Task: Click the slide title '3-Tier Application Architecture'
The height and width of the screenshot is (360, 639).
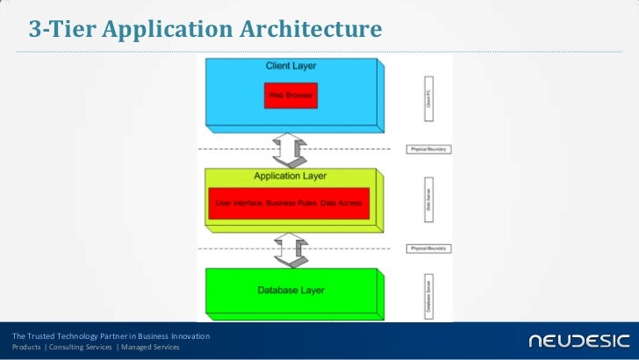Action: (x=205, y=30)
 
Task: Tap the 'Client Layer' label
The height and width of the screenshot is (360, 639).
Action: (x=291, y=66)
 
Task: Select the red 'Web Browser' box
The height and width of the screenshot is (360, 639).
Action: (x=291, y=95)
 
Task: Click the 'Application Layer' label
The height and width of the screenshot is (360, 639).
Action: (x=290, y=176)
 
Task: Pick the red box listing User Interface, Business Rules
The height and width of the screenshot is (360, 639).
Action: (x=289, y=204)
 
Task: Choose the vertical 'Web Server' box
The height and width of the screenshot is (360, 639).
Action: (x=428, y=201)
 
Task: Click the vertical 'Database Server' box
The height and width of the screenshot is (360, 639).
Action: (x=428, y=295)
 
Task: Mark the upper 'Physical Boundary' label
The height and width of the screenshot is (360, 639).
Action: (x=428, y=149)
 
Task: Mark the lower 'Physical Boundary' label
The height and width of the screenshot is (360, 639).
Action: (x=428, y=248)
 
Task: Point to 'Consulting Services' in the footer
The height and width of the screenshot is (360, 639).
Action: (x=81, y=348)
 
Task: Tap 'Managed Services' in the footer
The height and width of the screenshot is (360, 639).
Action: (x=150, y=348)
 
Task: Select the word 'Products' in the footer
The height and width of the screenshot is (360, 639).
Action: (x=26, y=348)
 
